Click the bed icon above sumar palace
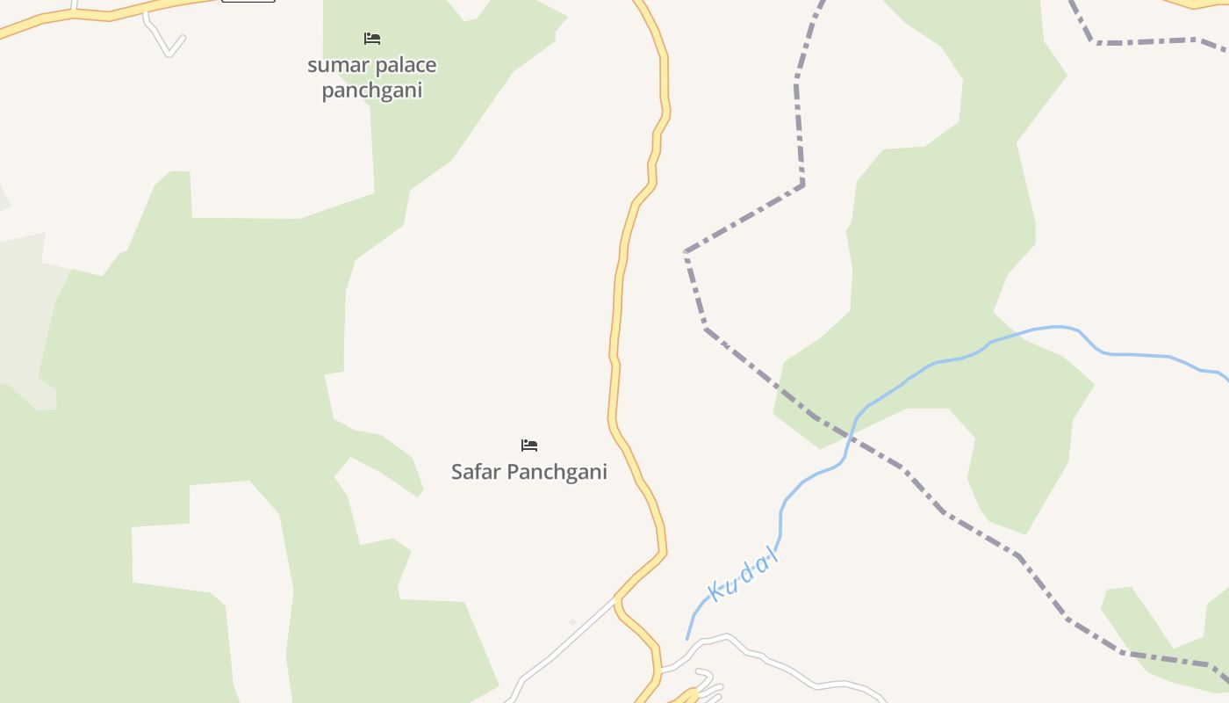[x=372, y=39]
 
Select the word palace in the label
[x=405, y=65]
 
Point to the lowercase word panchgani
[x=372, y=91]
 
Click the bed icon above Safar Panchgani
[x=529, y=446]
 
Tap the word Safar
[x=477, y=472]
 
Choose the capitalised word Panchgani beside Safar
[x=557, y=472]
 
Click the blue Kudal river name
[x=743, y=575]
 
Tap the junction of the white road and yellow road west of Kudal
[x=618, y=600]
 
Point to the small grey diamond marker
[x=572, y=622]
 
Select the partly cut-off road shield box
[x=248, y=1]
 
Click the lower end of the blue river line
[x=687, y=638]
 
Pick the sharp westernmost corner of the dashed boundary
[x=686, y=252]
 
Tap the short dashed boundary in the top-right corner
[x=1141, y=40]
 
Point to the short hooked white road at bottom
[x=708, y=680]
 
